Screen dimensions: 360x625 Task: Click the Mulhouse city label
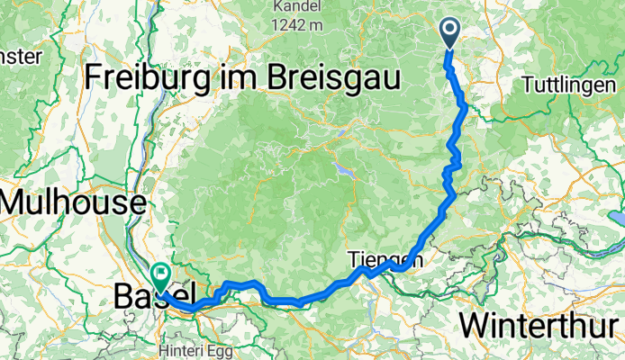pyautogui.click(x=72, y=201)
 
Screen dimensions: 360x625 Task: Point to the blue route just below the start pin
pyautogui.click(x=450, y=63)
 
